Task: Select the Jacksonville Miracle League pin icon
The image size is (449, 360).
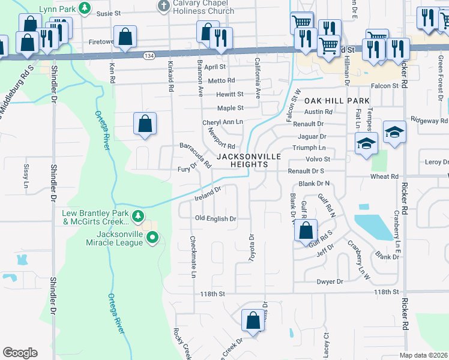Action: tap(152, 238)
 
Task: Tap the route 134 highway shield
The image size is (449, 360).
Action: tap(148, 55)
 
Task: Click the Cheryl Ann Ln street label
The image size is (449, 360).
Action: tap(222, 122)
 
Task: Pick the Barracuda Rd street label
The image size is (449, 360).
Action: tap(196, 154)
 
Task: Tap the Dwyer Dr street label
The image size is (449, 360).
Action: tap(330, 281)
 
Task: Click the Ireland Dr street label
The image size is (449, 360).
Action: tap(208, 193)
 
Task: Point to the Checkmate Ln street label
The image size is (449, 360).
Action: tap(193, 257)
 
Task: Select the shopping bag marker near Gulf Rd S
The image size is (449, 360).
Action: tap(306, 229)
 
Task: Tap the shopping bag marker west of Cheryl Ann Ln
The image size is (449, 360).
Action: tap(145, 124)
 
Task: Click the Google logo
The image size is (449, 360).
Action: tap(20, 353)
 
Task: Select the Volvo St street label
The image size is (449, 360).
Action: tap(319, 160)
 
